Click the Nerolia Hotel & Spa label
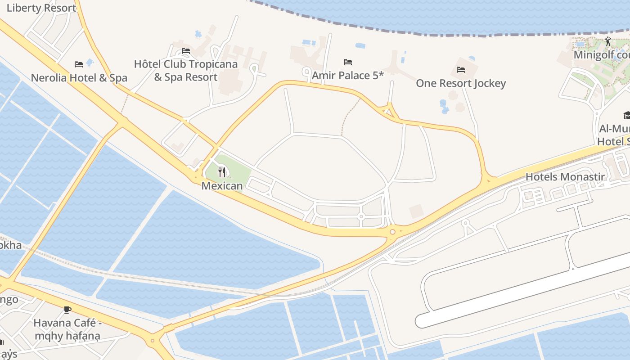tap(79, 78)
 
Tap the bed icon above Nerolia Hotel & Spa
tap(79, 64)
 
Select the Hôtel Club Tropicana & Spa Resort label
tap(186, 71)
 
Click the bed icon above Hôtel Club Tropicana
tap(186, 51)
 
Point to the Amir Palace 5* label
tap(348, 75)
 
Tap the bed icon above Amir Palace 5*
tap(348, 62)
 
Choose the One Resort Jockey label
tap(461, 83)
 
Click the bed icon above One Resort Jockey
tap(461, 70)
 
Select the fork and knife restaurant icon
tap(222, 172)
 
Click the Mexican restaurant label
tap(222, 185)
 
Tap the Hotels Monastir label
tap(565, 177)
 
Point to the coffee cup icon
tap(67, 310)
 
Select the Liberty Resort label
tap(41, 8)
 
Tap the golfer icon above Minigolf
tap(608, 41)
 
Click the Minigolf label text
tap(601, 55)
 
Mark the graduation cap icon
tap(626, 116)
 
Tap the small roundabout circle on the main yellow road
tap(392, 232)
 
